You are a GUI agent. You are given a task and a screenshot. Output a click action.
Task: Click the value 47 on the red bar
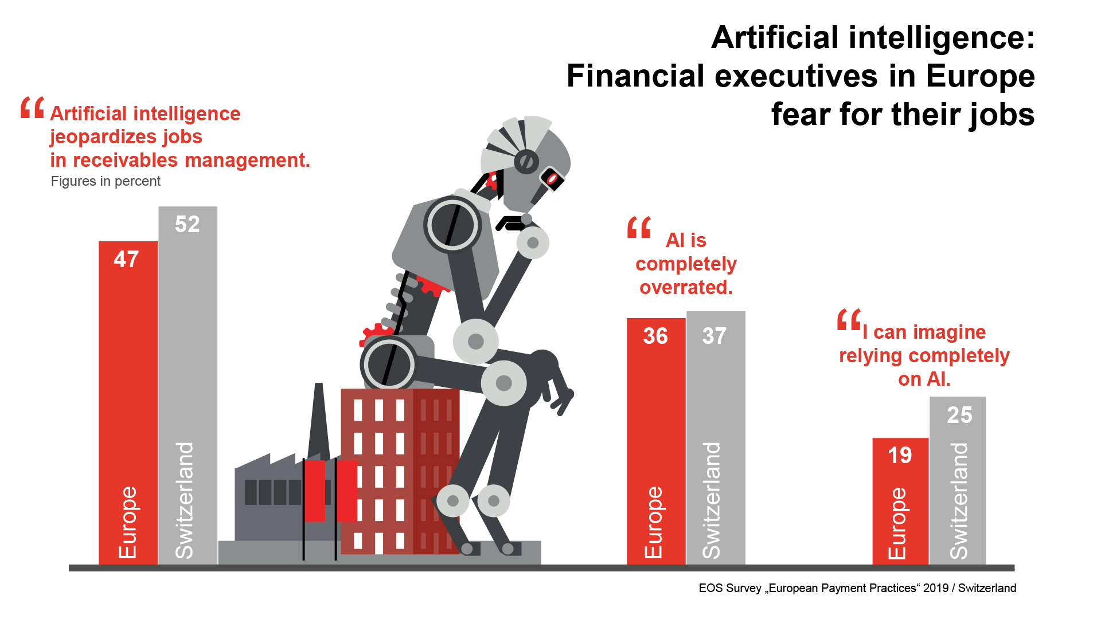pos(126,259)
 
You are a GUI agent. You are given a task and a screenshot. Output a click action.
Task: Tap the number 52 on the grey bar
pos(188,224)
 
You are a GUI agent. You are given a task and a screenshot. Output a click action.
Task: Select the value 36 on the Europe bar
pos(655,336)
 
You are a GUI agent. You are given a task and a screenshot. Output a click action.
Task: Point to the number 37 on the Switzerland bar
pos(714,336)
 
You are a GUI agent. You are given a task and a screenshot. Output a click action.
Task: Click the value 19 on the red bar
pos(900,456)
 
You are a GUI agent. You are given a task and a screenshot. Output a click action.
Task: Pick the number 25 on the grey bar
pos(959,415)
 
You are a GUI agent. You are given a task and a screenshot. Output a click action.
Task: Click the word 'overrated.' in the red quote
pos(686,287)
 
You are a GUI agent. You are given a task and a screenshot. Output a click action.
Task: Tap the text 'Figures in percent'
pos(106,181)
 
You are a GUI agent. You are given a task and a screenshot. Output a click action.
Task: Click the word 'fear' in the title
pos(801,114)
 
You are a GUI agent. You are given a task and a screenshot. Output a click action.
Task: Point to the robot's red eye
pos(552,179)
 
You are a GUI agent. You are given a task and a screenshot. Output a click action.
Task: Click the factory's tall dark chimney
pos(318,421)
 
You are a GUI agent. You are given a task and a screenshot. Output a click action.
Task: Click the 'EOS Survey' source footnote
pos(857,588)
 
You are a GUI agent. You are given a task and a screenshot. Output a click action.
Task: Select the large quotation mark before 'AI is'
pos(639,228)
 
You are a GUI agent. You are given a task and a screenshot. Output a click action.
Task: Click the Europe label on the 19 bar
pos(897,523)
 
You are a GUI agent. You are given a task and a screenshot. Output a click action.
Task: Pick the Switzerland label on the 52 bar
pos(185,500)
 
